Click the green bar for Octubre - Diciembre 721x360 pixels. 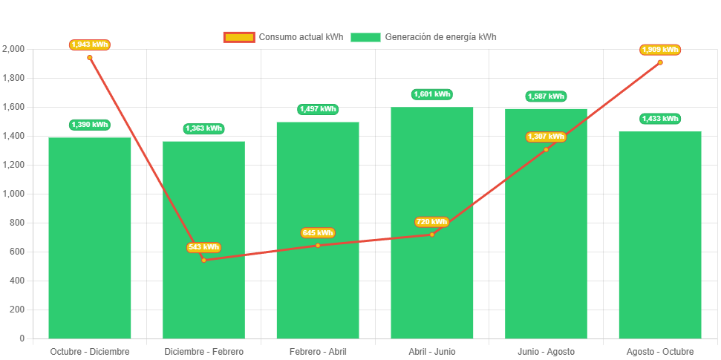pos(90,238)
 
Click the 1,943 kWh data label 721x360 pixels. pos(90,45)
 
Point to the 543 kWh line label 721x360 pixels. pos(203,247)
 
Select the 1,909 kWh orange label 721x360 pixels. pos(660,50)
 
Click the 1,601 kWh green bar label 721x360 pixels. pos(432,94)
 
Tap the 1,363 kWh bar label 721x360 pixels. pos(203,128)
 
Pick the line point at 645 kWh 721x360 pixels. pos(318,245)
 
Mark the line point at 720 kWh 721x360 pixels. pos(432,235)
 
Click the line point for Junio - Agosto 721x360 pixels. pos(546,149)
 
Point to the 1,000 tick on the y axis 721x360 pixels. pos(13,194)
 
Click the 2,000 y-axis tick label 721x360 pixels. pos(13,49)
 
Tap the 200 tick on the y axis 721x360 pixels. pos(16,310)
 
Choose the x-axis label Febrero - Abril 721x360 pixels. pos(318,351)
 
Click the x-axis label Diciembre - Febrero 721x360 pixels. pos(203,351)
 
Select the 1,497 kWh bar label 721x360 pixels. pos(318,109)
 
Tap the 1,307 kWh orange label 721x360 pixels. pos(546,137)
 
